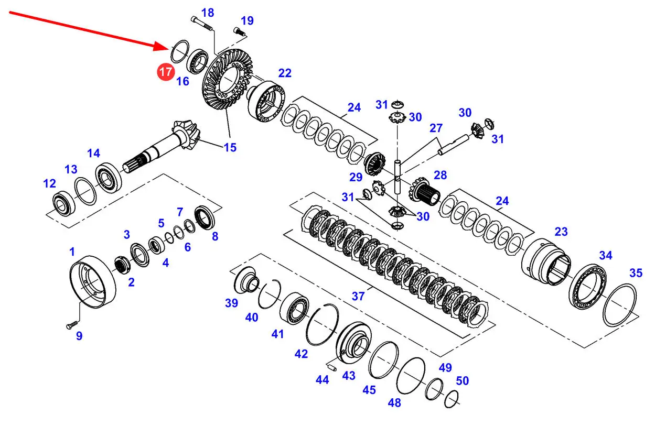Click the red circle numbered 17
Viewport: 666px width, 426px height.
click(x=166, y=71)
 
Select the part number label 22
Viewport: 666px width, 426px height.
click(x=284, y=73)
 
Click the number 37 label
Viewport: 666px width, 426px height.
click(x=358, y=296)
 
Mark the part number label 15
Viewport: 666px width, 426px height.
click(x=230, y=147)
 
